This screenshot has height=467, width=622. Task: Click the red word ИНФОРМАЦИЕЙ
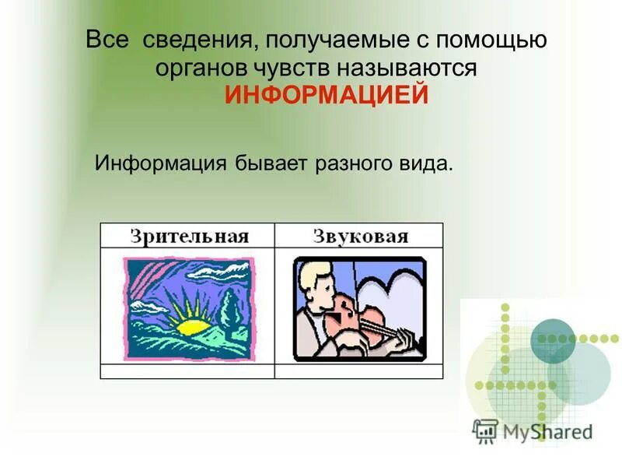(327, 96)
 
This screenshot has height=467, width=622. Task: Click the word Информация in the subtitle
(160, 165)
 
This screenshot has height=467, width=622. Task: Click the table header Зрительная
(188, 236)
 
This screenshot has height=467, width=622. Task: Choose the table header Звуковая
(360, 236)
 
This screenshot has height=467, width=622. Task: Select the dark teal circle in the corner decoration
(553, 340)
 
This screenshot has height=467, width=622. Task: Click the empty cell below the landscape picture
(187, 371)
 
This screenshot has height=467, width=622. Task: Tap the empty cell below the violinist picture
(359, 371)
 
